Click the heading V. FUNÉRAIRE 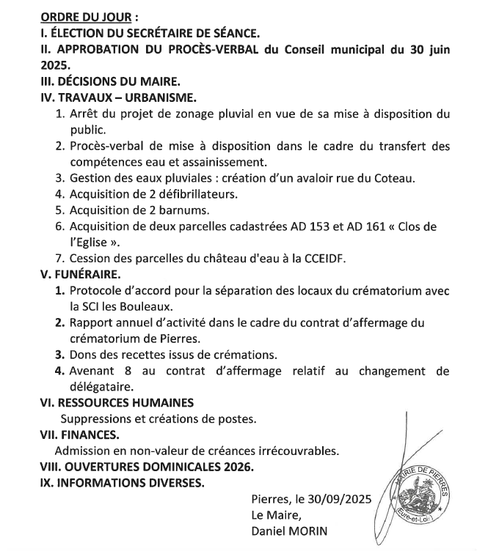[x=80, y=274]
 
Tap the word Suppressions [x=98, y=418]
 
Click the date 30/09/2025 [x=338, y=499]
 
